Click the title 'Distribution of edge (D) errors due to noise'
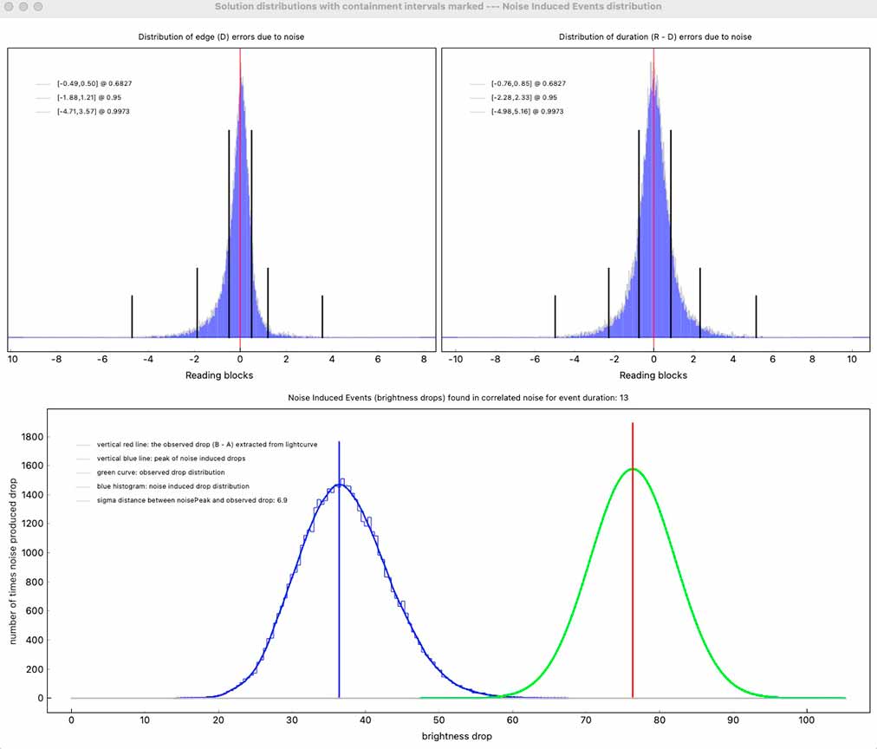click(x=221, y=37)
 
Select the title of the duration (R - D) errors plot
click(x=655, y=37)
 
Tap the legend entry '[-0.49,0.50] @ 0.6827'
click(x=94, y=83)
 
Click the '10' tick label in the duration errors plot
click(x=852, y=359)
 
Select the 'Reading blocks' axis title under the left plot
click(x=220, y=375)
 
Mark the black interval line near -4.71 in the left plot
click(x=132, y=316)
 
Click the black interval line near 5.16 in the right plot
click(x=756, y=316)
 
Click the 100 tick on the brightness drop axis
click(x=808, y=720)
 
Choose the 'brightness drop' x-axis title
click(x=457, y=736)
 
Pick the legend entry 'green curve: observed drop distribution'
click(x=160, y=472)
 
